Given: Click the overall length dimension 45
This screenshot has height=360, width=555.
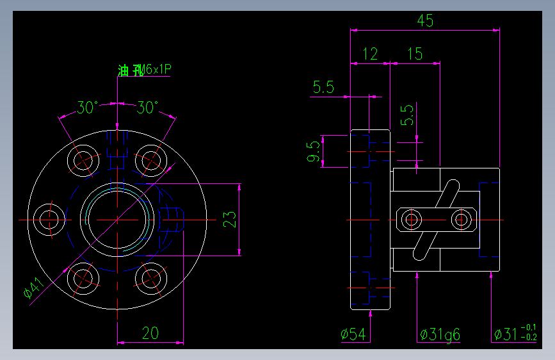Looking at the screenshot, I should pyautogui.click(x=425, y=20).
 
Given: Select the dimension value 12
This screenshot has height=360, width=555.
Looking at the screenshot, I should pyautogui.click(x=370, y=54).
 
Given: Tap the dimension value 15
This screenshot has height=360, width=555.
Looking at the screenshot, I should pyautogui.click(x=415, y=54).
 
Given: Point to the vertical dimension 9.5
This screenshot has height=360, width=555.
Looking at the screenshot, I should pyautogui.click(x=314, y=152).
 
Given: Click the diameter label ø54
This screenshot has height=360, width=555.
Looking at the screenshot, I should pyautogui.click(x=353, y=334).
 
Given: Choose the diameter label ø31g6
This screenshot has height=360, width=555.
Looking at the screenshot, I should pyautogui.click(x=440, y=334).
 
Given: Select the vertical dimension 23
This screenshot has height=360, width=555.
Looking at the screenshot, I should pyautogui.click(x=230, y=219).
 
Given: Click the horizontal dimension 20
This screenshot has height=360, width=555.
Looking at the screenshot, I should pyautogui.click(x=150, y=333).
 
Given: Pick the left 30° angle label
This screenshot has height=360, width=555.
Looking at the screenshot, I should pyautogui.click(x=88, y=108).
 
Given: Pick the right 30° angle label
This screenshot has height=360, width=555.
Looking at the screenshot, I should pyautogui.click(x=147, y=108).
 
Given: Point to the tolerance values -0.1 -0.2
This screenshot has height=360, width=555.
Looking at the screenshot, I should pyautogui.click(x=529, y=333).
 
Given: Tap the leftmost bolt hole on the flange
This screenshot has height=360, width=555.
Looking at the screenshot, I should pyautogui.click(x=49, y=219).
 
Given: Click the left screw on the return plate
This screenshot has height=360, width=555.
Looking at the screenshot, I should pyautogui.click(x=410, y=220).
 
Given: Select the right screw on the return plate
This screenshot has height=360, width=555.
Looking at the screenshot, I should pyautogui.click(x=460, y=220).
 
